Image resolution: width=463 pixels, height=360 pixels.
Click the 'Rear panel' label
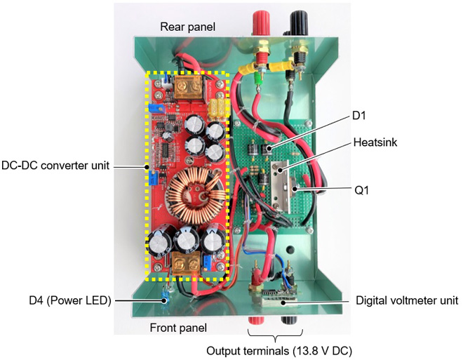click(187, 27)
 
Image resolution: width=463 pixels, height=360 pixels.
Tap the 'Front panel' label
click(178, 328)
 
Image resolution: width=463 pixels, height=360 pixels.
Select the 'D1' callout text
click(359, 116)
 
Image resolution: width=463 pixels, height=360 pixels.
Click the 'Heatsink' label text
click(375, 142)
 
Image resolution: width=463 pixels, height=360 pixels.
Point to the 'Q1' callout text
click(362, 190)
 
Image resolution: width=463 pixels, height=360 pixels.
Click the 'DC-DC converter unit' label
click(55, 166)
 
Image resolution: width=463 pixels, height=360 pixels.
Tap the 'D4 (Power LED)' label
click(70, 300)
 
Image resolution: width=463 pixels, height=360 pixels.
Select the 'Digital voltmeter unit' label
click(407, 300)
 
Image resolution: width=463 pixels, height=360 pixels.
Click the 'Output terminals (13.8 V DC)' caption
click(279, 351)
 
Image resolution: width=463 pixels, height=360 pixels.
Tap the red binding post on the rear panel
click(261, 20)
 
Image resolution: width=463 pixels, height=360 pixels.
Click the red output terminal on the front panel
click(255, 321)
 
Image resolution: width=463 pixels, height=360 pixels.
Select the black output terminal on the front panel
click(289, 321)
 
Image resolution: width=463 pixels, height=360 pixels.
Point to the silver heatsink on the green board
click(280, 187)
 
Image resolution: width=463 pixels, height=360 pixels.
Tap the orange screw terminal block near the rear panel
click(189, 87)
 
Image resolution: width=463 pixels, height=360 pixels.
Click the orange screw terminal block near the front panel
click(186, 263)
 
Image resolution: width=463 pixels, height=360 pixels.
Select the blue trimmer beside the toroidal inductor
click(153, 178)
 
